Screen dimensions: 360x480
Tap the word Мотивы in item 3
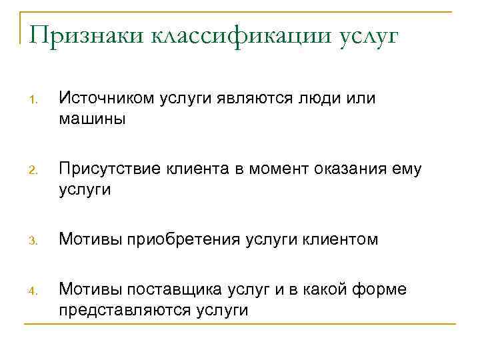click(84, 239)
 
